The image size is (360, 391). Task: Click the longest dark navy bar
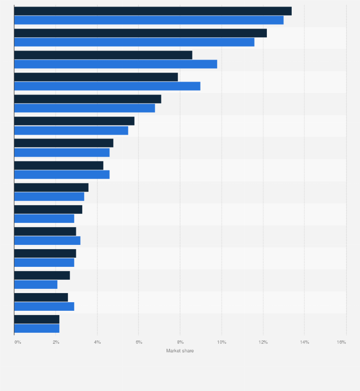click(153, 11)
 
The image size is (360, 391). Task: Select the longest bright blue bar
click(148, 20)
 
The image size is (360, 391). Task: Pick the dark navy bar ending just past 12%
click(140, 33)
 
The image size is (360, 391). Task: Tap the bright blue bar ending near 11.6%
click(134, 42)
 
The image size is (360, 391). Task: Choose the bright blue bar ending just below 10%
click(116, 64)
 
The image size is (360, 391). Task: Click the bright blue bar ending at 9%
click(107, 86)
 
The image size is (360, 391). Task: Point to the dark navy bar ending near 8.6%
click(103, 55)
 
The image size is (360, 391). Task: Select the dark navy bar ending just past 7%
click(87, 99)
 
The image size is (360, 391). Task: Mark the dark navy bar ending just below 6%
click(74, 121)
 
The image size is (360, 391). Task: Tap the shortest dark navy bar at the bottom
click(37, 319)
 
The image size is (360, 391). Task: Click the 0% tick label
click(18, 342)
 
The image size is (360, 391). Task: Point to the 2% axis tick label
click(56, 342)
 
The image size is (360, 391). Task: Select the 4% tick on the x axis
click(97, 342)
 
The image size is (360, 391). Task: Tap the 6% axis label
click(139, 342)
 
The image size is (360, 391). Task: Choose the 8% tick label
click(180, 342)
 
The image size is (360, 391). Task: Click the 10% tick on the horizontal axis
click(222, 342)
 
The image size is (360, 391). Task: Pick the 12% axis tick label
click(263, 342)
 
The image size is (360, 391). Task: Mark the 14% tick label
click(305, 342)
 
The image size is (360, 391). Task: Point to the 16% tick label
click(341, 342)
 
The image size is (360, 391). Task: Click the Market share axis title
click(180, 351)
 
